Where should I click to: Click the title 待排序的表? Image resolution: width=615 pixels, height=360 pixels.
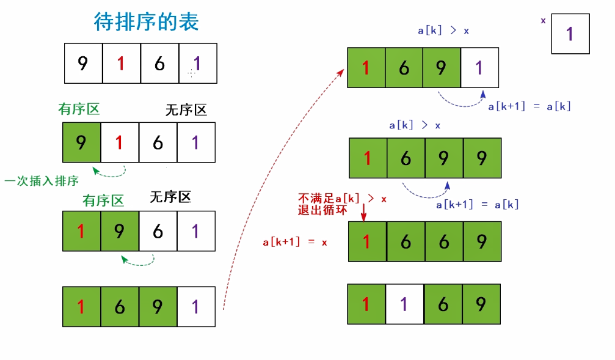point(146,23)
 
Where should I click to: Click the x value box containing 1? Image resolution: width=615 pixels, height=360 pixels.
point(570,34)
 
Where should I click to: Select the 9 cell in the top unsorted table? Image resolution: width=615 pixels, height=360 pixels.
point(83,63)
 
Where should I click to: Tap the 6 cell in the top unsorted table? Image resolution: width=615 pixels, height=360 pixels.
point(159,63)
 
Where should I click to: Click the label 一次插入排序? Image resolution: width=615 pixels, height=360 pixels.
point(42,181)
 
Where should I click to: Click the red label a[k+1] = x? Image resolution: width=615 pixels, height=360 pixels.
point(295,242)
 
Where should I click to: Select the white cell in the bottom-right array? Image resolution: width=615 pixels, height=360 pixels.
point(404,304)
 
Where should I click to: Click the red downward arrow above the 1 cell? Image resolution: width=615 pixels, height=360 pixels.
point(364,212)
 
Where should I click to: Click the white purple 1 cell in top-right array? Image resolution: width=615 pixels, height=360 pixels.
point(480,68)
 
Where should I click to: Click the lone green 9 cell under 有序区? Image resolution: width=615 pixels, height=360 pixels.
point(81,142)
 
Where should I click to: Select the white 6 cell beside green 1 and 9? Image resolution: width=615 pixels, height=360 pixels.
point(158,231)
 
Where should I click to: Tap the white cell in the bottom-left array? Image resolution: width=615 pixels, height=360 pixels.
point(196,306)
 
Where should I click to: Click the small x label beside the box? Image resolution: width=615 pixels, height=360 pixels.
point(543,21)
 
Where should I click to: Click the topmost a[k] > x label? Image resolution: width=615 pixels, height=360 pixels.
point(443,30)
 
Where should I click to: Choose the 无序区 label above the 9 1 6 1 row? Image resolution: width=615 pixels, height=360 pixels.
point(186,110)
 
